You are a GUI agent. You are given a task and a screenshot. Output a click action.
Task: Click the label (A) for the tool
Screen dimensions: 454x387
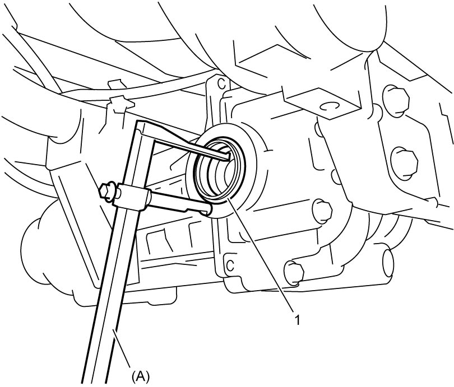click(x=141, y=376)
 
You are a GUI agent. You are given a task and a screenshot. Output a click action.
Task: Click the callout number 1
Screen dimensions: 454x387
click(x=297, y=320)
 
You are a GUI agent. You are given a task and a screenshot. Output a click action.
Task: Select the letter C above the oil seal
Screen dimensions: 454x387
click(x=222, y=84)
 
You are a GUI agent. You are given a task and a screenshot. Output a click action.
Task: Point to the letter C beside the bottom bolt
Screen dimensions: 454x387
click(x=230, y=265)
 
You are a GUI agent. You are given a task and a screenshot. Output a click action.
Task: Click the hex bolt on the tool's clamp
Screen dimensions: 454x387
click(x=105, y=191)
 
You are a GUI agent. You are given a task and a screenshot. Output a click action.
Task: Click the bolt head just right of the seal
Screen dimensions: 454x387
click(x=322, y=212)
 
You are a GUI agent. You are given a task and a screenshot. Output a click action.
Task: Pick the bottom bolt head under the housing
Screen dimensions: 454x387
click(x=294, y=272)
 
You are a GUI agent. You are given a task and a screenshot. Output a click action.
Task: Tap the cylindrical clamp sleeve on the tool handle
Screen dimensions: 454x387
click(x=132, y=198)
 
